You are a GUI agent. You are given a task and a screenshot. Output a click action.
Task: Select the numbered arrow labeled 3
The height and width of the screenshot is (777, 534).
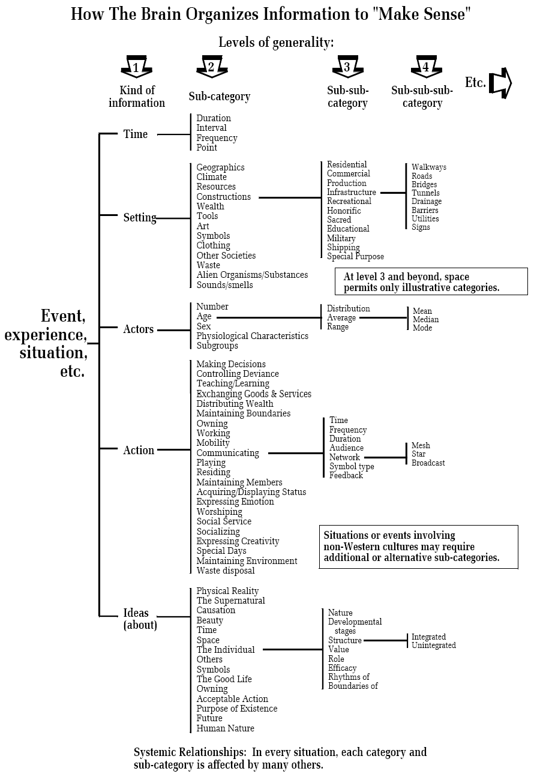tap(347, 66)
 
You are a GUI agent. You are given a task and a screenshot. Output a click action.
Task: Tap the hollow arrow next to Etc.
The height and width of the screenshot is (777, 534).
tap(500, 83)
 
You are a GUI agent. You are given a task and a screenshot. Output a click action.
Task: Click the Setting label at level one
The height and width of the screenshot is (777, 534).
tap(140, 217)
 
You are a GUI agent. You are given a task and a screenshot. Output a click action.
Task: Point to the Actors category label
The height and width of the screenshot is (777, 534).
tap(139, 329)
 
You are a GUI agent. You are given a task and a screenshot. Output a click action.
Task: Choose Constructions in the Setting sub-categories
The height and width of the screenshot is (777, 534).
tap(223, 197)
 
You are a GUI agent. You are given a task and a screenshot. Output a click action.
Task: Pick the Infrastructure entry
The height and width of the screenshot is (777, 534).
tap(352, 192)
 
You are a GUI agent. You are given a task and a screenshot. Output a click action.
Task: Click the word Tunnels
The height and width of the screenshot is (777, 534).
tap(425, 193)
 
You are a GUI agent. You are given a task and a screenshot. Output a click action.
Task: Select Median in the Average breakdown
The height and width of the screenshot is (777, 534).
tap(425, 319)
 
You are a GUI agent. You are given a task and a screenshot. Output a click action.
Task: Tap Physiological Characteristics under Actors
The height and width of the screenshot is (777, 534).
tap(252, 336)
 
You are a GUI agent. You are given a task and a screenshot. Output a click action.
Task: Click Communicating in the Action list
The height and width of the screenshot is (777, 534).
tap(227, 453)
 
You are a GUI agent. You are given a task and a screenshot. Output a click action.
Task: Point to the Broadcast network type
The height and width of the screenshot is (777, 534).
tap(428, 463)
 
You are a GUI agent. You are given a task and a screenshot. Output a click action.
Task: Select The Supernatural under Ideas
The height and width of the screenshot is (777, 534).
tap(231, 601)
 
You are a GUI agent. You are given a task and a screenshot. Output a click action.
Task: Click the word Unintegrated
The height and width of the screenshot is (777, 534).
tap(434, 645)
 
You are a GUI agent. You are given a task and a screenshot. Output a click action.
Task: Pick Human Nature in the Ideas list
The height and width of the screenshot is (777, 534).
tap(225, 728)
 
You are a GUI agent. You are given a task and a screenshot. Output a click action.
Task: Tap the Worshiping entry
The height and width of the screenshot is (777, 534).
tap(219, 512)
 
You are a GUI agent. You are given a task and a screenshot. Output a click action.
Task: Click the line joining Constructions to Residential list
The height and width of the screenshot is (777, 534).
tap(290, 198)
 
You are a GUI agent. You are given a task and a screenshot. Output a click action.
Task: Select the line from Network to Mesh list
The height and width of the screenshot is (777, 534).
tap(385, 458)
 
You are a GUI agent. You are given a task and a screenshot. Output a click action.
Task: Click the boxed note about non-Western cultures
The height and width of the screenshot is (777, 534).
tap(418, 547)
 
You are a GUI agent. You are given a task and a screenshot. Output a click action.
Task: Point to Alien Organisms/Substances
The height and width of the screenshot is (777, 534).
tap(252, 275)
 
